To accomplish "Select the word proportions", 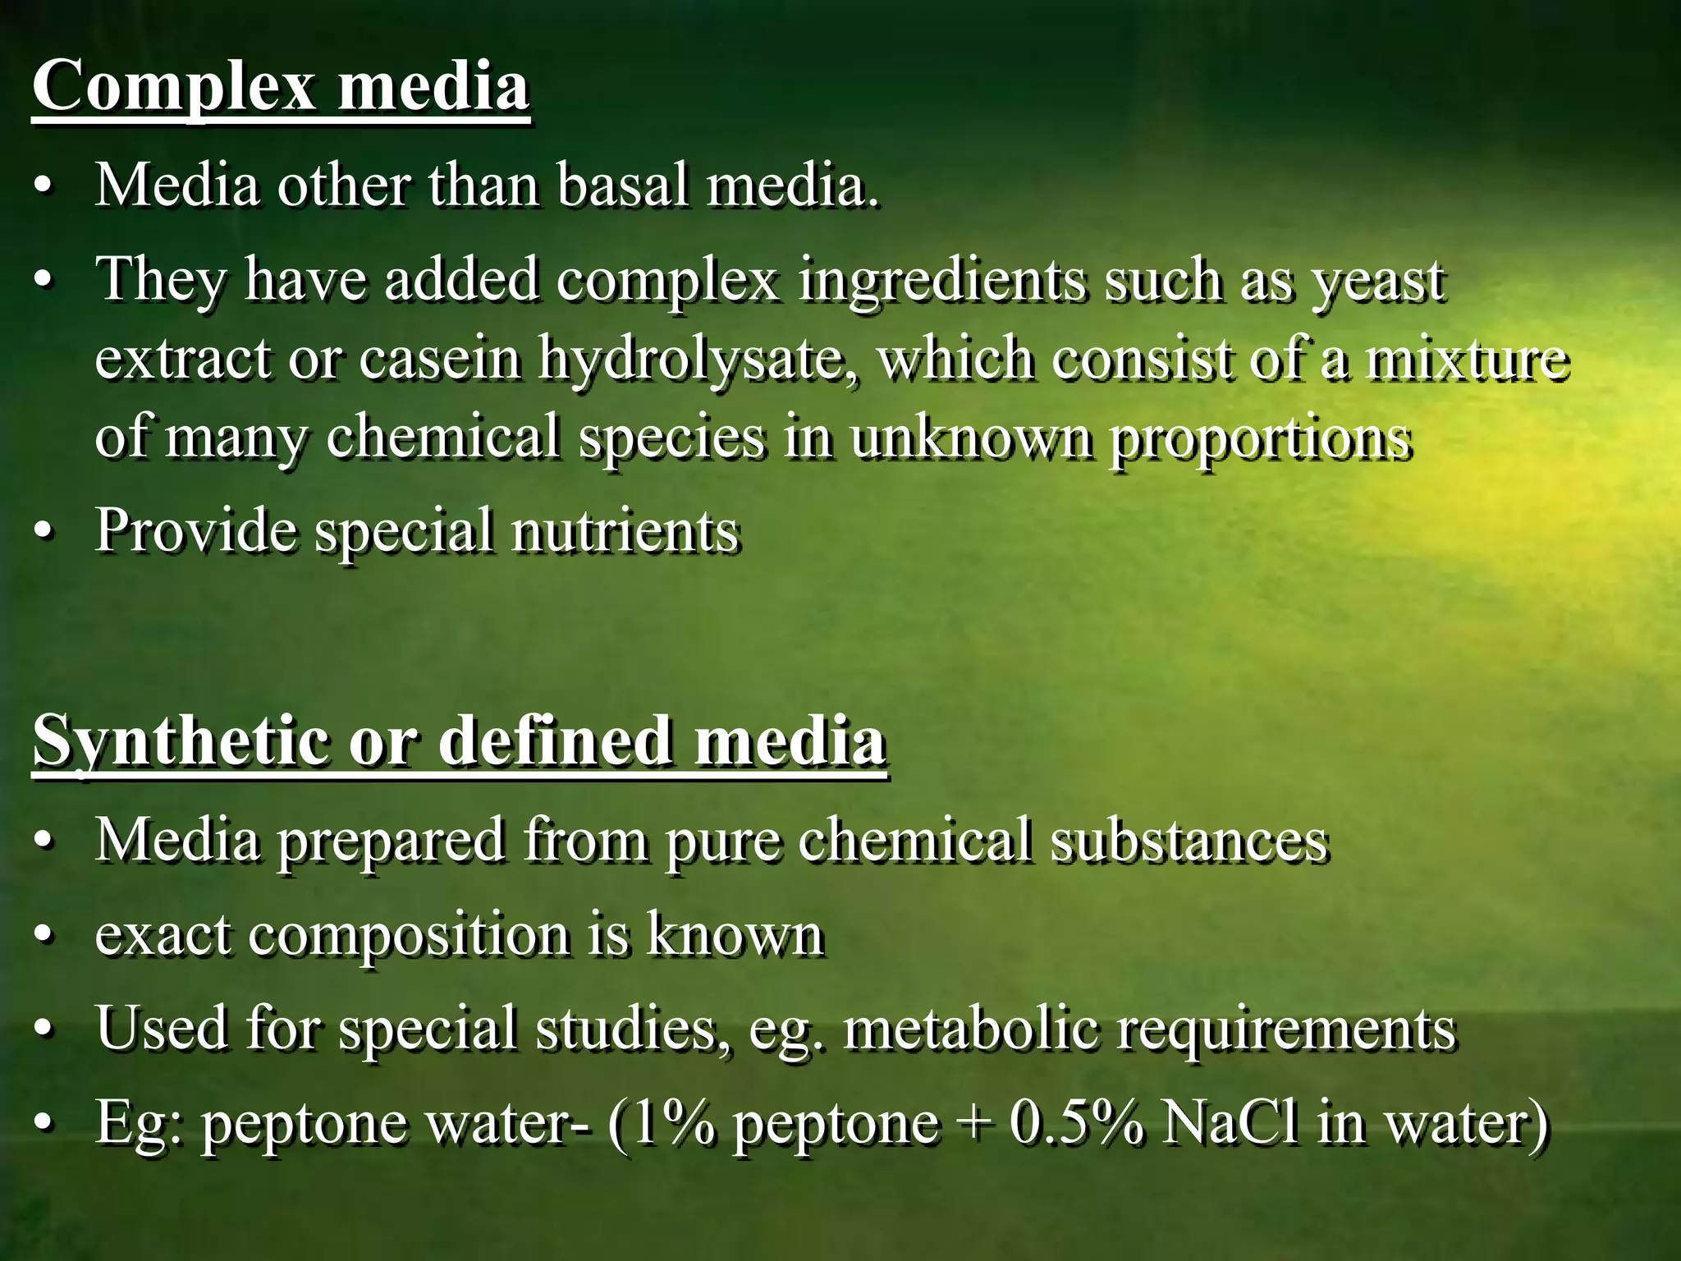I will pos(1261,439).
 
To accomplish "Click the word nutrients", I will pos(625,531).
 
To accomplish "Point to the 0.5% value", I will pos(1076,1122).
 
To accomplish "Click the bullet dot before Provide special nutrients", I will pos(44,531).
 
